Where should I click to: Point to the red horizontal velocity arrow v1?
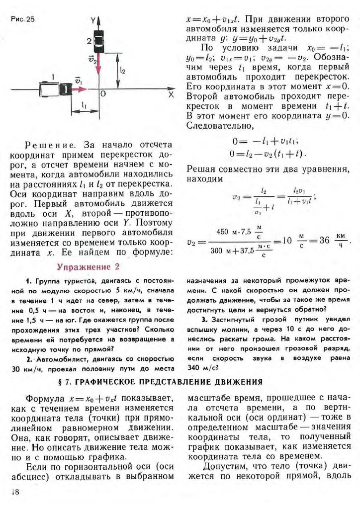click(79, 89)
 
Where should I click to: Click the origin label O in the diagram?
click(103, 93)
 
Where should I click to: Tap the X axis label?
click(171, 93)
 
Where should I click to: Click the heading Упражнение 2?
click(89, 266)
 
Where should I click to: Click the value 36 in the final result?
click(325, 241)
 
